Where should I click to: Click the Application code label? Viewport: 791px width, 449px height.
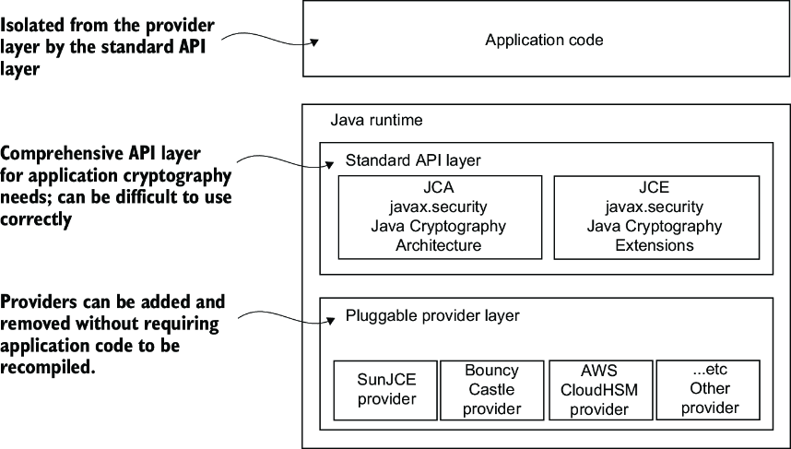tap(544, 40)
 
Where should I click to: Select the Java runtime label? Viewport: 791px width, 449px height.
tap(376, 120)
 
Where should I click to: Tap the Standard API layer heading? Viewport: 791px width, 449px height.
tap(413, 160)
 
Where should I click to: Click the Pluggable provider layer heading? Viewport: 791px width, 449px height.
tap(432, 316)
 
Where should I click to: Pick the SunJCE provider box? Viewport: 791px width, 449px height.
tap(385, 390)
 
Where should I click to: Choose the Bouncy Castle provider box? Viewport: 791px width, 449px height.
tap(492, 390)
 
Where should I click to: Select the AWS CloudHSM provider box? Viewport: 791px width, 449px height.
tap(600, 390)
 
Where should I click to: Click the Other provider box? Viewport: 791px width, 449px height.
tap(708, 390)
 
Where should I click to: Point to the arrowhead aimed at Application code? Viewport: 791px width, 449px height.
tap(314, 42)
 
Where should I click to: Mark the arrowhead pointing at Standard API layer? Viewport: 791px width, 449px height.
tap(329, 164)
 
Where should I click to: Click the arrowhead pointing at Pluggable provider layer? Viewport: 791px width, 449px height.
tap(330, 320)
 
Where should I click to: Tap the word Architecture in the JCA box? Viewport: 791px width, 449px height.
tap(439, 245)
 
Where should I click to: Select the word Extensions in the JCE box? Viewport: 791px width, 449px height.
tap(655, 245)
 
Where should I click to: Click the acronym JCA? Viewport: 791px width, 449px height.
tap(439, 188)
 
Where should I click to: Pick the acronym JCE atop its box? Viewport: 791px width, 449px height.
tap(655, 188)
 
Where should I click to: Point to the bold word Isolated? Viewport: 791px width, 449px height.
tap(32, 25)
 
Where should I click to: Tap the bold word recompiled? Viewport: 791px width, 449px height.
tap(48, 368)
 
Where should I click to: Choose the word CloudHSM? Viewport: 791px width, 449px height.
tap(599, 390)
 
